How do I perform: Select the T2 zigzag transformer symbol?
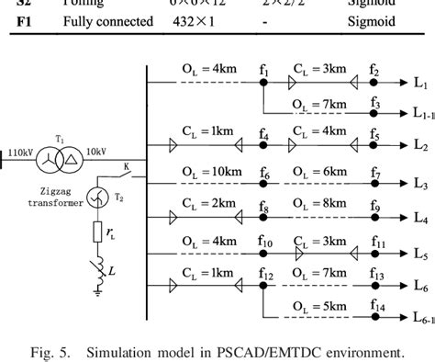click(x=98, y=195)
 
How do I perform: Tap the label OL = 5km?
click(x=320, y=306)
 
